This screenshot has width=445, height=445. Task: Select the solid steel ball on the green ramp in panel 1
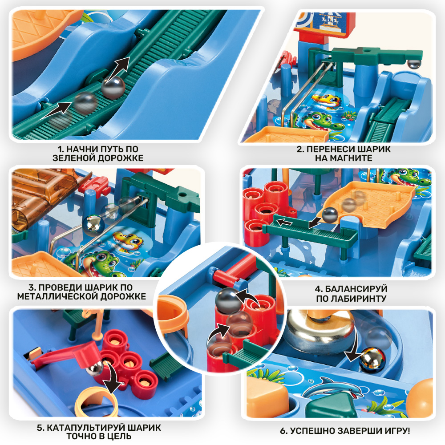(113, 88)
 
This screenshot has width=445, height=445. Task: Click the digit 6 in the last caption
(283, 431)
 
